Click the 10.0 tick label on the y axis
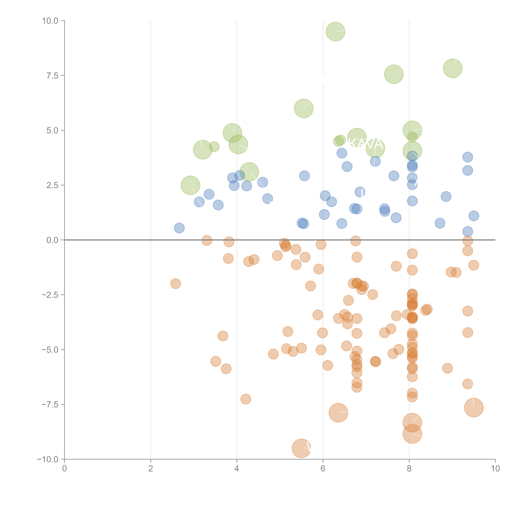pos(50,21)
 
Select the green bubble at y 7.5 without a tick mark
pos(394,74)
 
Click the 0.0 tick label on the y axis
pos(52,240)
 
